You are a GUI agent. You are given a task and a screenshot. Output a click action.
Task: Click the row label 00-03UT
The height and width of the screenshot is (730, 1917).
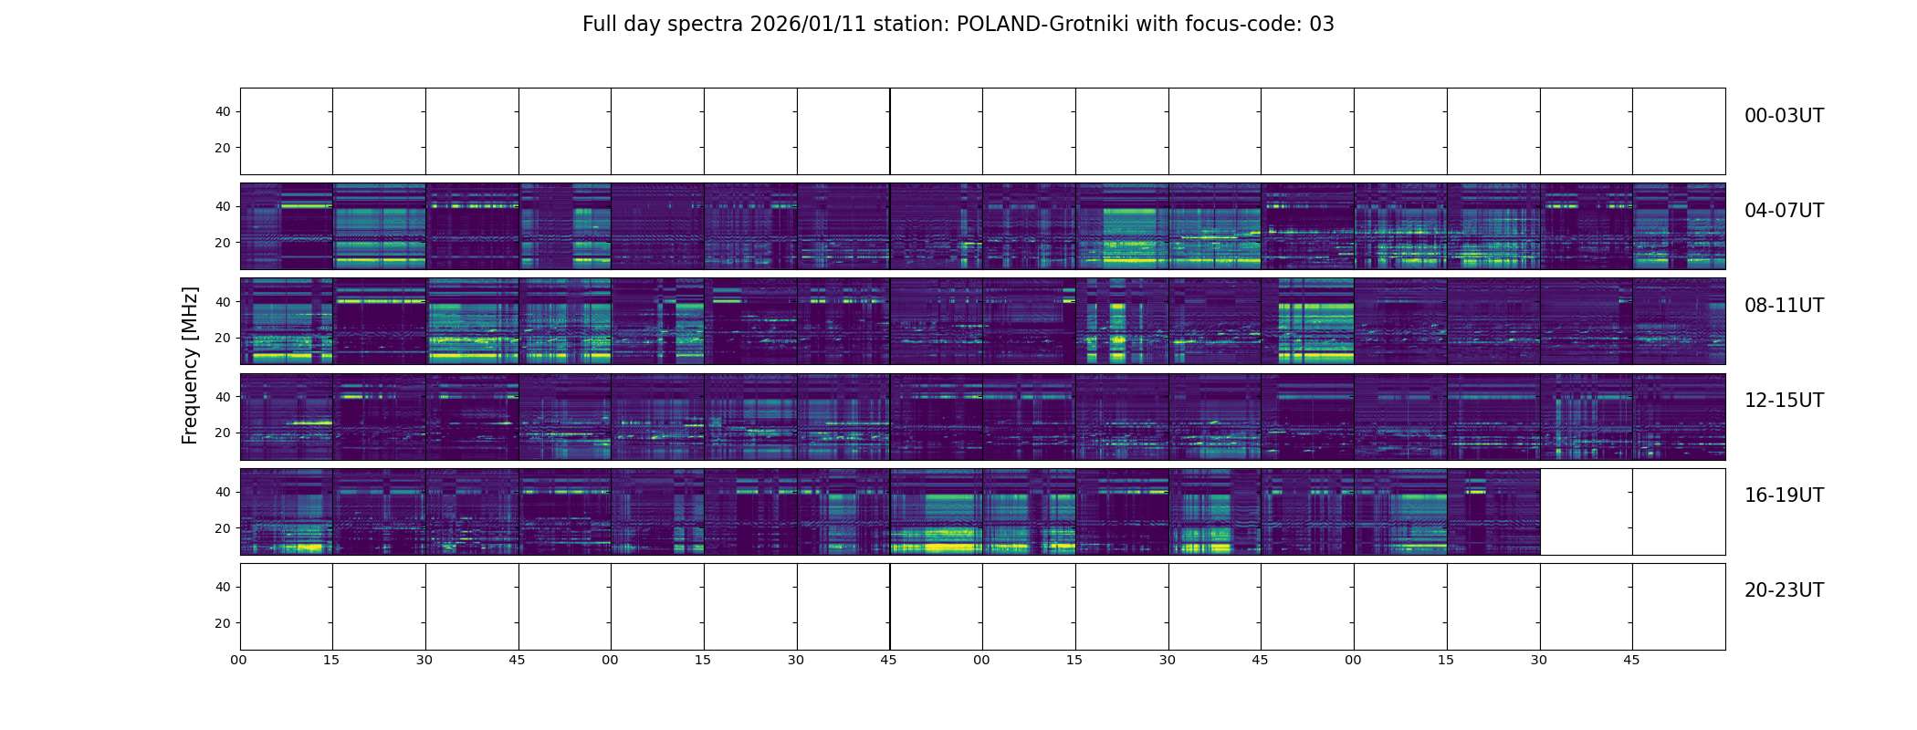1784,116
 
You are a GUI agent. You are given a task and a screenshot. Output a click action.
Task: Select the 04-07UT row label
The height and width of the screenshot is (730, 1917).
1784,211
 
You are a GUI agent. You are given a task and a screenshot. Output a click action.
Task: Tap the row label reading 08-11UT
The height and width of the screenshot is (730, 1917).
1784,306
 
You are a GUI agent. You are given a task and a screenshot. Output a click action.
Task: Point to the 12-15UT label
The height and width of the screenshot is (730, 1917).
1784,401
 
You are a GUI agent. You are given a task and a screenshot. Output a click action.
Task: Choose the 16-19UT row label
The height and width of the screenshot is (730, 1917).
1784,495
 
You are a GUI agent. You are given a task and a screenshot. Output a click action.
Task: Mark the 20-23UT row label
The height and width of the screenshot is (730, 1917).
1784,590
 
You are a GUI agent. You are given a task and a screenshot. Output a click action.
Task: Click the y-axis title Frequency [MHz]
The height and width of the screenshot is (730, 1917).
190,365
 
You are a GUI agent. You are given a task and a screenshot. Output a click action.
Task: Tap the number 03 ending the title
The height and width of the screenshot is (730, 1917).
1322,25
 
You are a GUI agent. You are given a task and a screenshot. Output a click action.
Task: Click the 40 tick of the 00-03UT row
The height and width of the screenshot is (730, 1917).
223,111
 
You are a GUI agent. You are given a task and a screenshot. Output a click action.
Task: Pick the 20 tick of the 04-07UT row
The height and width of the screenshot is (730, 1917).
223,243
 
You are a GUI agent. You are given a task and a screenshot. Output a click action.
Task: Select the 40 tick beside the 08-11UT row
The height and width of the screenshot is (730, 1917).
223,302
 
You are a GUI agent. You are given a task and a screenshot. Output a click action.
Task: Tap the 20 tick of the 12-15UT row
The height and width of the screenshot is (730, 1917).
223,433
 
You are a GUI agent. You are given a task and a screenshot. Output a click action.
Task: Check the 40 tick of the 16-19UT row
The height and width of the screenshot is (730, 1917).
223,492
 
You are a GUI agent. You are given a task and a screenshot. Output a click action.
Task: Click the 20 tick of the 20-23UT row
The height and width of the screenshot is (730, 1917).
223,623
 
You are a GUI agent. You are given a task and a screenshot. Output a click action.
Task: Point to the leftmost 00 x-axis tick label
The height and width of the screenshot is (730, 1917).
239,660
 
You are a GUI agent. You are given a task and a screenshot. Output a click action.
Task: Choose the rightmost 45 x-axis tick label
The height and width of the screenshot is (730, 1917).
1631,660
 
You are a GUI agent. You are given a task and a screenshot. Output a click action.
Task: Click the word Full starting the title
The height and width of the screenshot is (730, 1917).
600,25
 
